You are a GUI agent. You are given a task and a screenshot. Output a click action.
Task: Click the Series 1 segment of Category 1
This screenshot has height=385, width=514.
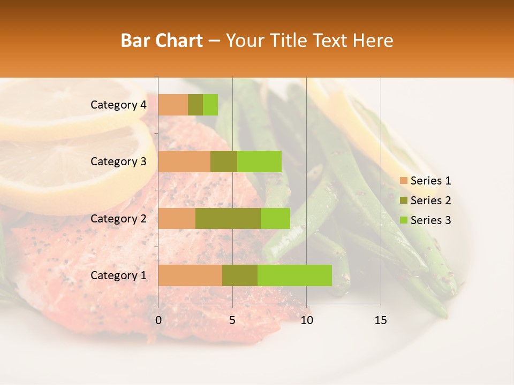tap(190, 275)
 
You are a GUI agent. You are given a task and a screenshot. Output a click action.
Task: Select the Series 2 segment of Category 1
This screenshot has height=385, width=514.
tap(240, 275)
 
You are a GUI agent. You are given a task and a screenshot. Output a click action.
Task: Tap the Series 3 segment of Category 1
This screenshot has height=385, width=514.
tap(294, 275)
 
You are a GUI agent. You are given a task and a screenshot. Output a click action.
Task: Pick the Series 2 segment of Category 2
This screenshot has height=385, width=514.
tap(228, 218)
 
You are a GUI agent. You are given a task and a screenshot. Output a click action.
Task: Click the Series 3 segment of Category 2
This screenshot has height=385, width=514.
tap(275, 218)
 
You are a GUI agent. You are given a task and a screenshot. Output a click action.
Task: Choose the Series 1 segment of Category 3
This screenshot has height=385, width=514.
tap(184, 161)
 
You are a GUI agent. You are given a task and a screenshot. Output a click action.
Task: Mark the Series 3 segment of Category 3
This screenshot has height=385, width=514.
tap(259, 161)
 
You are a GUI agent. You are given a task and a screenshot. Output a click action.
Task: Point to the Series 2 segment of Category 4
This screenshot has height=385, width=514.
tap(195, 105)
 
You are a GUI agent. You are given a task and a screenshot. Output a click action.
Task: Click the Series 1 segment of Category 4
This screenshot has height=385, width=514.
tap(173, 105)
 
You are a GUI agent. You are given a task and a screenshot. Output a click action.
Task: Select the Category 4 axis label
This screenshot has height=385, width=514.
tap(118, 105)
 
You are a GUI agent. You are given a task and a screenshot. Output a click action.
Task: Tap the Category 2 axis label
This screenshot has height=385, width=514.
tap(118, 218)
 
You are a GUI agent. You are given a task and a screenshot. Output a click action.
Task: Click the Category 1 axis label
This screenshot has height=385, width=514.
tap(118, 275)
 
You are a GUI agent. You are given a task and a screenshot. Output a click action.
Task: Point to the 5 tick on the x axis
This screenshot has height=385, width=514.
tap(232, 320)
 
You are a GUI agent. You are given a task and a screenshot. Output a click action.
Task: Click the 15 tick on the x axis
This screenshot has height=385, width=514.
tap(380, 320)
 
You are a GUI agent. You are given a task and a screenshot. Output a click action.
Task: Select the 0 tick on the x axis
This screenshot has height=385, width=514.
tap(158, 320)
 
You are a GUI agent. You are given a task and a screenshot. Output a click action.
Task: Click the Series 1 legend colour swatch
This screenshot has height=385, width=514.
tap(403, 181)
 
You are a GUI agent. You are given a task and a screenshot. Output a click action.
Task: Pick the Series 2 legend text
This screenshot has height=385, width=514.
tap(430, 201)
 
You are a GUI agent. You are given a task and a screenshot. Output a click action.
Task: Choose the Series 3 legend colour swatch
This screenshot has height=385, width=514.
tap(403, 220)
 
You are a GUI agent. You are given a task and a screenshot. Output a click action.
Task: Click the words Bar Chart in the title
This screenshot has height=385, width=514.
tap(162, 41)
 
